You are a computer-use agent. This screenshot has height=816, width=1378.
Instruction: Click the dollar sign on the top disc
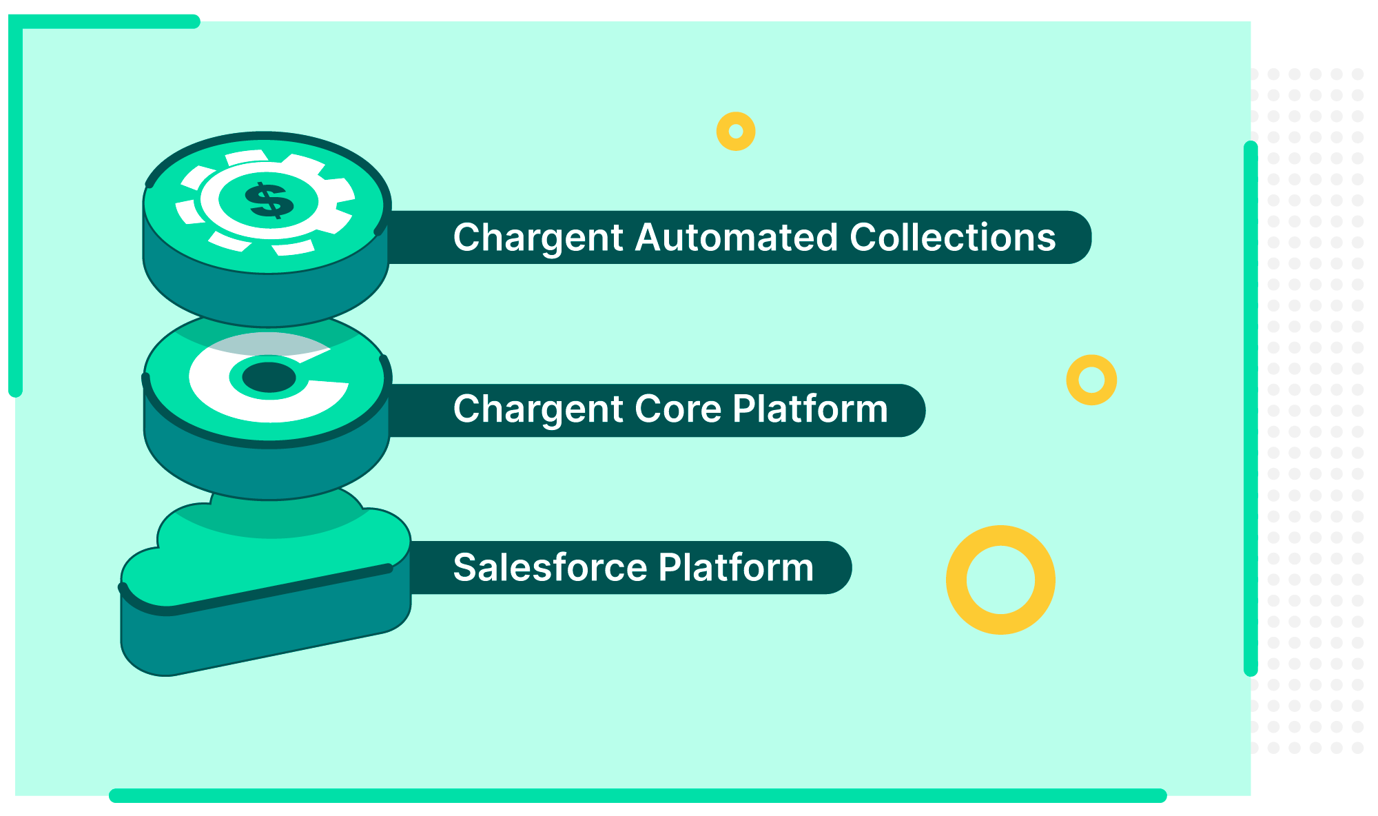pyautogui.click(x=269, y=201)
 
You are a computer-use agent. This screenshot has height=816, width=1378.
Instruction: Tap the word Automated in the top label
pyautogui.click(x=736, y=238)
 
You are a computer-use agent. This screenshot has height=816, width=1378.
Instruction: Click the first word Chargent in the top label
pyautogui.click(x=538, y=238)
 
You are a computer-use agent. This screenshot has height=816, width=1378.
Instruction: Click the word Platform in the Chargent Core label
pyautogui.click(x=810, y=409)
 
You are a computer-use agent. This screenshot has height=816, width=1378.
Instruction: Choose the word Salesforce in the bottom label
pyautogui.click(x=550, y=568)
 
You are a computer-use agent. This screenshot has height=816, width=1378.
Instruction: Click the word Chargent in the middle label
pyautogui.click(x=538, y=409)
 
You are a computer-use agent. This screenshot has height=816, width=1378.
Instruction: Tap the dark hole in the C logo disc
pyautogui.click(x=269, y=377)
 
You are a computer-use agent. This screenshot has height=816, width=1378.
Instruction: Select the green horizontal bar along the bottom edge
pyautogui.click(x=637, y=795)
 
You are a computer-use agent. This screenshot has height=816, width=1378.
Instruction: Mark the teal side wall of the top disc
pyautogui.click(x=266, y=296)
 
